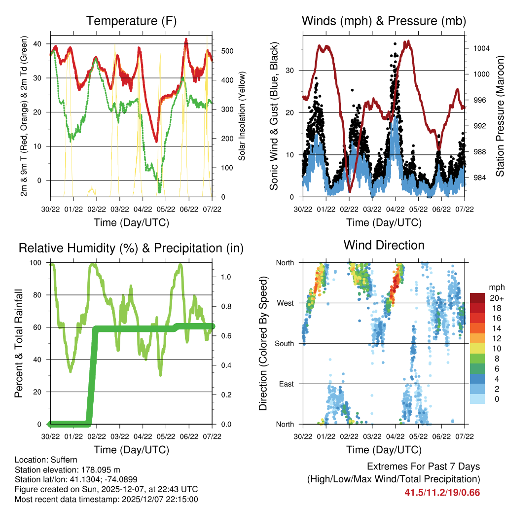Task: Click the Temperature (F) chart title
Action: pyautogui.click(x=131, y=21)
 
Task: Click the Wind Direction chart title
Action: pyautogui.click(x=384, y=245)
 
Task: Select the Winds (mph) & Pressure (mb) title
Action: pyautogui.click(x=384, y=21)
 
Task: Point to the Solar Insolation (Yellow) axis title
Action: pyautogui.click(x=242, y=116)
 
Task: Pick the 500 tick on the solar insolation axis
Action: pyautogui.click(x=222, y=51)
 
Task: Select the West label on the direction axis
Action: pyautogui.click(x=286, y=303)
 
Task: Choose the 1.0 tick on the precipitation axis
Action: pyautogui.click(x=222, y=277)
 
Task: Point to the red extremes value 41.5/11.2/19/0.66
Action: pyautogui.click(x=442, y=492)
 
